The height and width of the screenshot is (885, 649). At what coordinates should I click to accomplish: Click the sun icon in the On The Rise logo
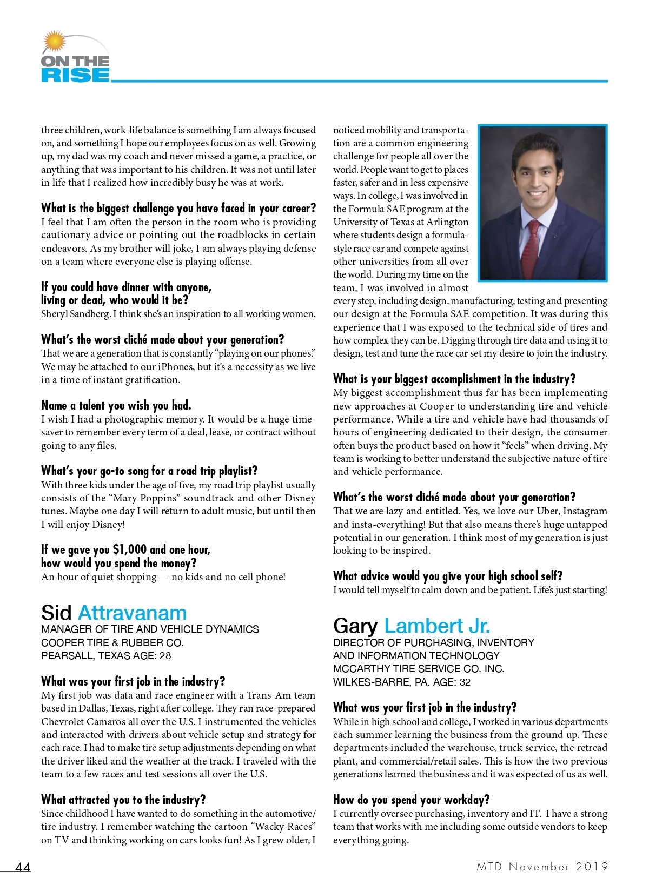click(x=54, y=42)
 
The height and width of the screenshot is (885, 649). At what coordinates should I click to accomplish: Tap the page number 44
click(x=23, y=867)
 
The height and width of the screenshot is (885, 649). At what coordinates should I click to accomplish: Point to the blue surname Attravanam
click(x=133, y=613)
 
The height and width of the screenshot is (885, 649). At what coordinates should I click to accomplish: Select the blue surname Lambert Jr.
click(x=437, y=626)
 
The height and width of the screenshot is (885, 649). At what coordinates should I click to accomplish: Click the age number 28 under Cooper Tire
click(x=165, y=655)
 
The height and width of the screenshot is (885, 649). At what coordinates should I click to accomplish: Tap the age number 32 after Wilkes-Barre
click(x=465, y=682)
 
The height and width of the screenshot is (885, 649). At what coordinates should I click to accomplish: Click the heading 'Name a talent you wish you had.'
click(x=116, y=405)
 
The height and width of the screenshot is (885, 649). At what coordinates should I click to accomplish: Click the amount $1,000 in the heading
click(x=130, y=549)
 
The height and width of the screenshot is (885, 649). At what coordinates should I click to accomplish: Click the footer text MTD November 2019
click(x=542, y=867)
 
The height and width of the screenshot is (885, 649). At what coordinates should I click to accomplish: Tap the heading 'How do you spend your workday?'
click(x=411, y=800)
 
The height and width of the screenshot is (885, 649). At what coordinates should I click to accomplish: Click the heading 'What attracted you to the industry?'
click(x=123, y=800)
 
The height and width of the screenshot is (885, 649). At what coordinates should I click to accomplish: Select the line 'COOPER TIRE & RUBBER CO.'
click(x=112, y=642)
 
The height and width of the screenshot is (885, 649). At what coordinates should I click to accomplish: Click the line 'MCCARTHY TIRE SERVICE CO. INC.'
click(x=419, y=668)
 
